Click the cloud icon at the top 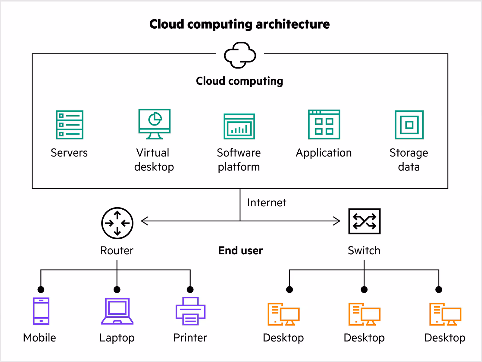(x=240, y=55)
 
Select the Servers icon (x=70, y=125)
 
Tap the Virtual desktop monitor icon (x=155, y=124)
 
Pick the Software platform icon (x=239, y=126)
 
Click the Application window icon (x=324, y=125)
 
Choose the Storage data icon (x=409, y=125)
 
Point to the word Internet (x=266, y=203)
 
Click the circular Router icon (x=117, y=223)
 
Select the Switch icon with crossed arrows (x=364, y=221)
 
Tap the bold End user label (x=240, y=250)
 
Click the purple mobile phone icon (x=41, y=311)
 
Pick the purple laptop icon (x=117, y=311)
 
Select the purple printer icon (x=190, y=311)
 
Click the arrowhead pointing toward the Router (x=144, y=221)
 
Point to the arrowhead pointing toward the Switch (x=337, y=221)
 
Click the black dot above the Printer (x=190, y=290)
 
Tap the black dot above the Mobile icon (x=41, y=290)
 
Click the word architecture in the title (x=293, y=24)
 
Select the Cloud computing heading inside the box (x=239, y=81)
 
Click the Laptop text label (x=117, y=338)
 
